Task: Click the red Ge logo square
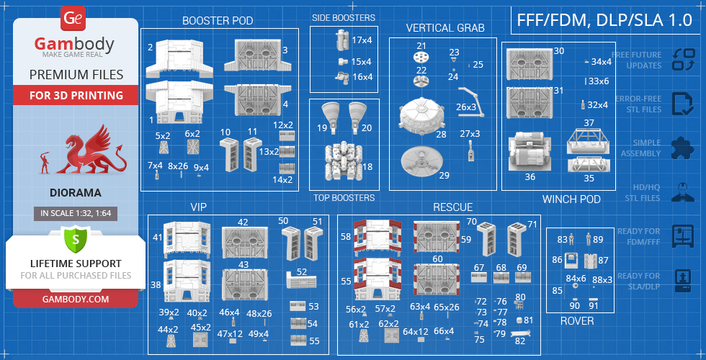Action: click(x=73, y=17)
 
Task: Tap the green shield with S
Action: click(x=75, y=238)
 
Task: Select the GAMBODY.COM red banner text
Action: click(x=75, y=299)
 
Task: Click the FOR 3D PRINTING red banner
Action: click(x=76, y=95)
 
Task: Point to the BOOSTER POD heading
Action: click(x=218, y=21)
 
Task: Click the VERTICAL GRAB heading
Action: click(x=444, y=28)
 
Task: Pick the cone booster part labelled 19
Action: click(x=332, y=115)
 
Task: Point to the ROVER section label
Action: click(x=577, y=321)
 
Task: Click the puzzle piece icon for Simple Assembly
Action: click(x=682, y=148)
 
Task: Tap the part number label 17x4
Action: click(x=362, y=40)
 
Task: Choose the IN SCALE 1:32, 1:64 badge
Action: click(x=75, y=213)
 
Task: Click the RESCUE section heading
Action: click(x=452, y=207)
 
